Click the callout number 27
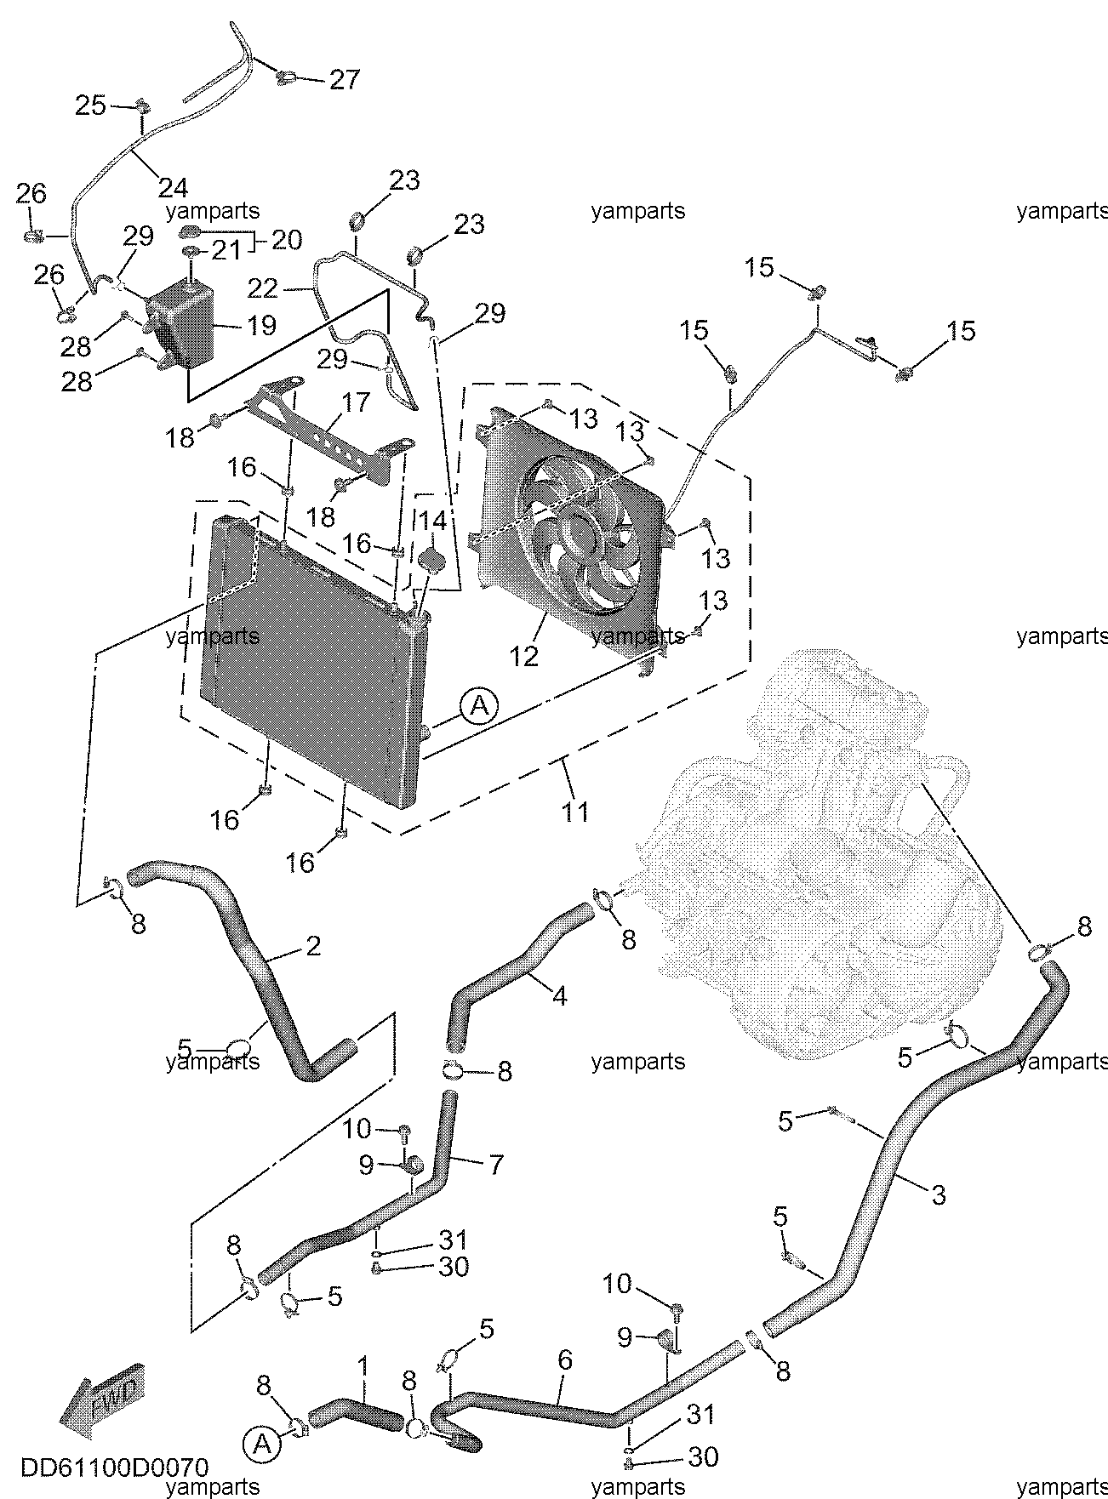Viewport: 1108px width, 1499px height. pos(344,79)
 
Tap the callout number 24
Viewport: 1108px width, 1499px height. pos(173,185)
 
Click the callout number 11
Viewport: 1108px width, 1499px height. pos(576,810)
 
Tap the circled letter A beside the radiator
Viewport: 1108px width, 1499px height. pos(479,705)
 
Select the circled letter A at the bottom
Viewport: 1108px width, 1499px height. pos(261,1443)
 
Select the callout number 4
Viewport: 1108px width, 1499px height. pos(559,995)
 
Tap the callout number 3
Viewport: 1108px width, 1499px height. pos(938,1194)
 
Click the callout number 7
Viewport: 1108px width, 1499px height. pos(494,1163)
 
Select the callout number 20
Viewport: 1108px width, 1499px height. pos(286,240)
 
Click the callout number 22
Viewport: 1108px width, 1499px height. pos(262,290)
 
